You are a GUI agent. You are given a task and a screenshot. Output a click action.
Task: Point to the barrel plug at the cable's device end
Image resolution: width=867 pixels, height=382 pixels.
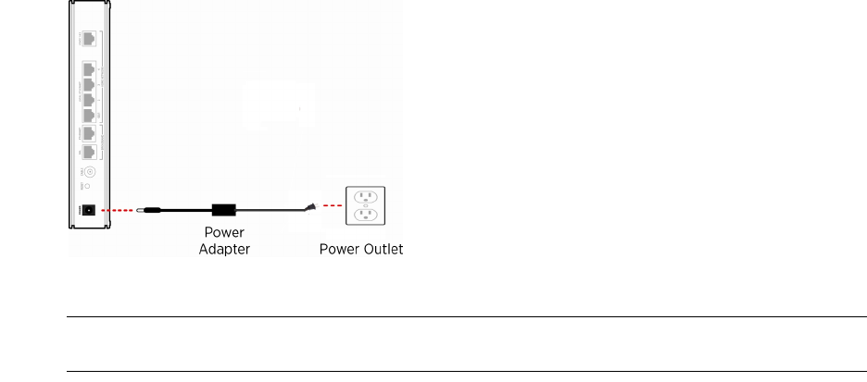click(146, 211)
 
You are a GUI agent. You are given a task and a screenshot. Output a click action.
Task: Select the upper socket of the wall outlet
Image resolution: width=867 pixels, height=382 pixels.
click(366, 196)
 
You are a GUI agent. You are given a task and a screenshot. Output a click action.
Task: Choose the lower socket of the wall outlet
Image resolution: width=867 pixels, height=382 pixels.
click(366, 216)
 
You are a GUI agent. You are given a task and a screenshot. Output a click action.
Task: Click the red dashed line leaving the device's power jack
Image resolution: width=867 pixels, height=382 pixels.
click(118, 211)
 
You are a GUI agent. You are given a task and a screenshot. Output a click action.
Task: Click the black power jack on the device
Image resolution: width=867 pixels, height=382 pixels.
click(89, 211)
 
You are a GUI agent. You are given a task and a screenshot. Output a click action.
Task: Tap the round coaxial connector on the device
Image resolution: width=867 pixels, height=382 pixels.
click(90, 171)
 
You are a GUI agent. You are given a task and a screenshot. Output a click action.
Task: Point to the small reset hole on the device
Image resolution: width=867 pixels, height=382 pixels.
click(89, 186)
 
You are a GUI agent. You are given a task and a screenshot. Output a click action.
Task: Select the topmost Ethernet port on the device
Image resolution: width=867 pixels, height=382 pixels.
click(89, 40)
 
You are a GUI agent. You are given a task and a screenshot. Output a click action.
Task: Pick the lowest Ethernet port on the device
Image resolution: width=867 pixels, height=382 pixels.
click(89, 152)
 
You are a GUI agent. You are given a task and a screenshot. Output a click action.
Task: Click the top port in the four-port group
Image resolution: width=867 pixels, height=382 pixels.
click(89, 69)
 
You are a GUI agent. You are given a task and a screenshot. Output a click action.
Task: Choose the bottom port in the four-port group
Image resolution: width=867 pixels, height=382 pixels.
click(89, 115)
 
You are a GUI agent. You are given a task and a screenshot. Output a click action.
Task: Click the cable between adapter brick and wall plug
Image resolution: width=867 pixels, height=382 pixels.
click(273, 209)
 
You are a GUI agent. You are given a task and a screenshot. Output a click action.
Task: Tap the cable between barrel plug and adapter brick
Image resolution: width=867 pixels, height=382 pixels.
click(185, 211)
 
